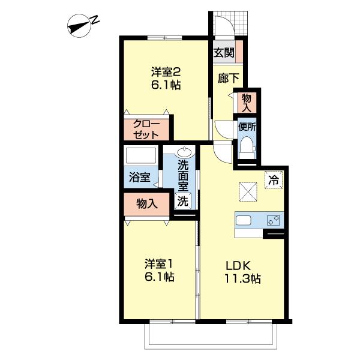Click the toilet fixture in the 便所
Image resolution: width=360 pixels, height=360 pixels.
tap(246, 147)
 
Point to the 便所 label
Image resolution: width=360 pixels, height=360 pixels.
tap(247, 127)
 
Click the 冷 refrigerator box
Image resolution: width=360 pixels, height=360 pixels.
tap(273, 179)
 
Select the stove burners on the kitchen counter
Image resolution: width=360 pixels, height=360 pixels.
tap(274, 220)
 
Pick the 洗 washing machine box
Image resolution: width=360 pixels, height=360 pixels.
tap(182, 202)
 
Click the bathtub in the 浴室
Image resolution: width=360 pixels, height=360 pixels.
tap(140, 156)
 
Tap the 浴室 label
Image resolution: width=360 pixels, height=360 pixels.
tap(140, 178)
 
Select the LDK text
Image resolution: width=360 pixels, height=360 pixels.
tap(242, 265)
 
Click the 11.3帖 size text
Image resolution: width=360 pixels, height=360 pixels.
tap(242, 278)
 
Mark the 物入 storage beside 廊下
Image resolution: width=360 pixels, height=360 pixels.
tap(247, 101)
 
